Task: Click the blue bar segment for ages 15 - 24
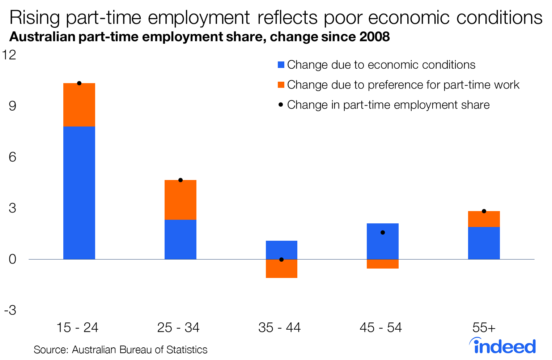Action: pyautogui.click(x=79, y=193)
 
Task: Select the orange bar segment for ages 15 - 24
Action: pyautogui.click(x=79, y=105)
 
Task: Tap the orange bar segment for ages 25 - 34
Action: pyautogui.click(x=181, y=200)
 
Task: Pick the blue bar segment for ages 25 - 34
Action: pyautogui.click(x=181, y=239)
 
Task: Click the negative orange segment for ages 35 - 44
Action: pyautogui.click(x=281, y=270)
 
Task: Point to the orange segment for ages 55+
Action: pyautogui.click(x=484, y=219)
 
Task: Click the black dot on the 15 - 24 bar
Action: pyautogui.click(x=79, y=83)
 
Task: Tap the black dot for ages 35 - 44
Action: pyautogui.click(x=281, y=260)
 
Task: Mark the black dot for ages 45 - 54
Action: pyautogui.click(x=383, y=232)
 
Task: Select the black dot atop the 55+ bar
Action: pyautogui.click(x=484, y=211)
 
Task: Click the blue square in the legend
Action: pyautogui.click(x=281, y=65)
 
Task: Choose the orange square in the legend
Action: pyautogui.click(x=281, y=85)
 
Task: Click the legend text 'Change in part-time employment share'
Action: pyautogui.click(x=388, y=105)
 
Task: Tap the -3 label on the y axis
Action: pyautogui.click(x=10, y=310)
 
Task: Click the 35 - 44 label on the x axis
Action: pyautogui.click(x=280, y=327)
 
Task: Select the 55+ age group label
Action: pyautogui.click(x=484, y=327)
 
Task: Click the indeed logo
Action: pyautogui.click(x=502, y=346)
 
